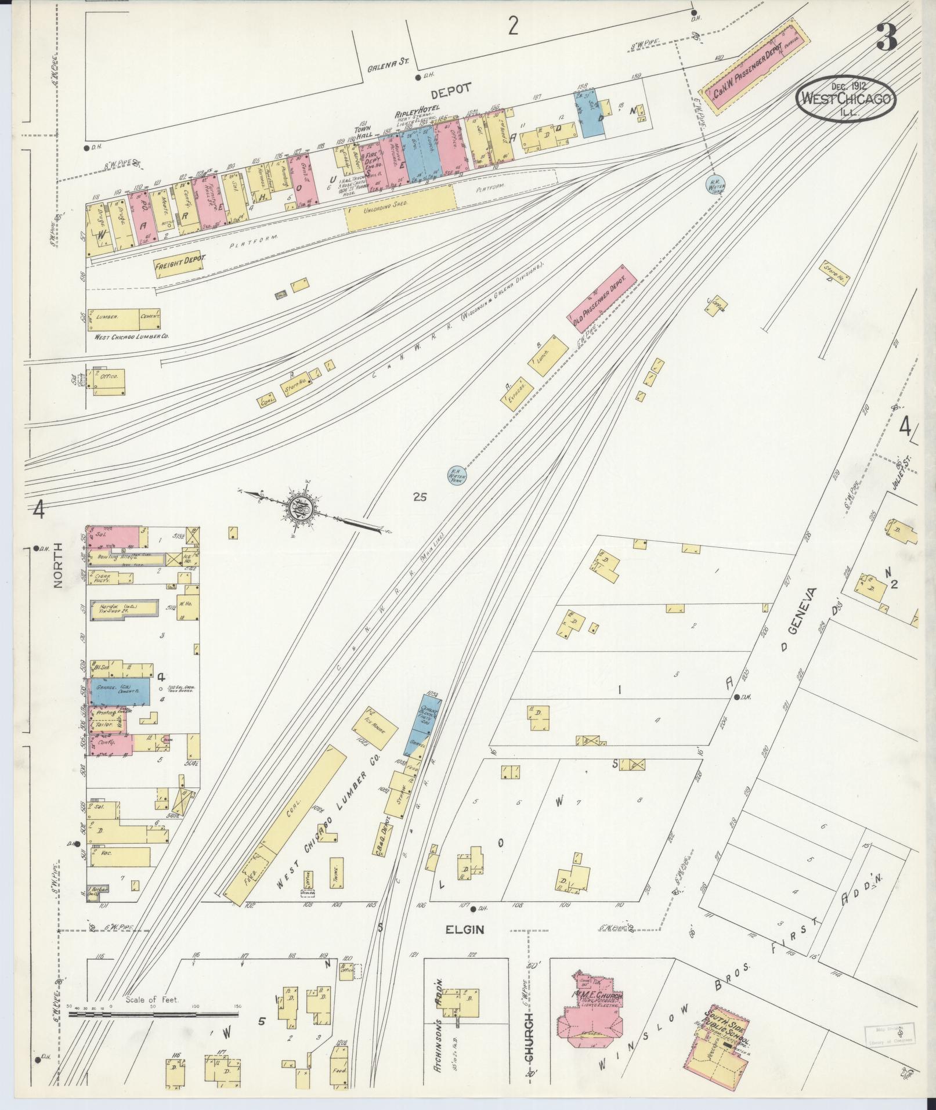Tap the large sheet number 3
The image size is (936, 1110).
pyautogui.click(x=887, y=37)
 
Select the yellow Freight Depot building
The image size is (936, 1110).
pyautogui.click(x=180, y=265)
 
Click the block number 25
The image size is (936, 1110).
pyautogui.click(x=420, y=497)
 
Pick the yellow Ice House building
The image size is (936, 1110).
pyautogui.click(x=381, y=728)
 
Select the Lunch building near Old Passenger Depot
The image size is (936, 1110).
pyautogui.click(x=548, y=354)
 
